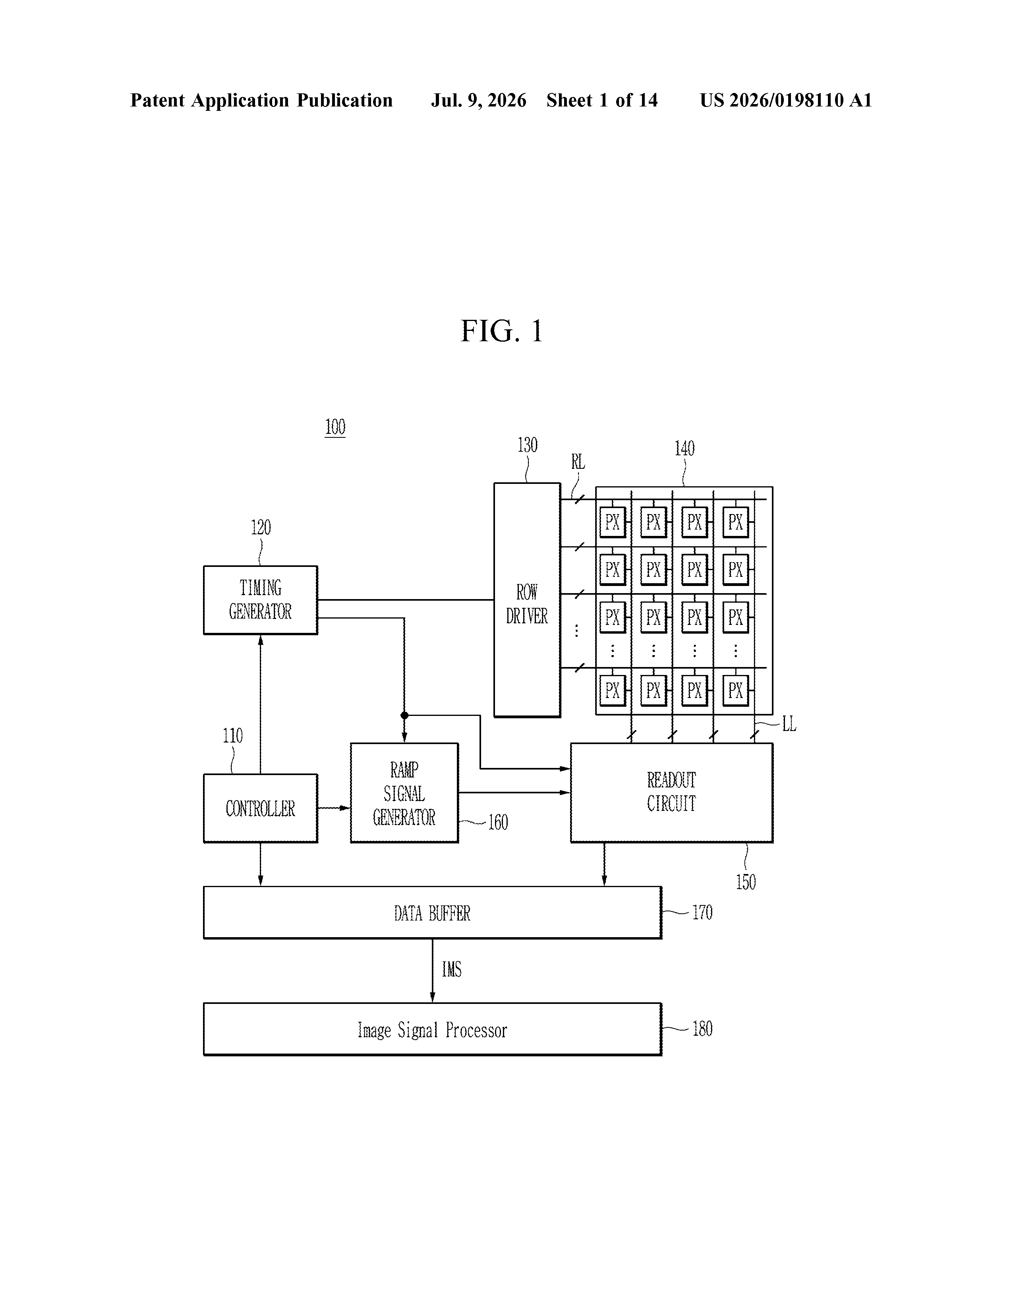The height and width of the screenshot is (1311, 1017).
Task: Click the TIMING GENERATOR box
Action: point(261,599)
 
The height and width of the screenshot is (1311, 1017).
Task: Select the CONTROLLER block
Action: point(261,808)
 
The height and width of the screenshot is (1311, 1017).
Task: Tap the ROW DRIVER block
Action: point(527,599)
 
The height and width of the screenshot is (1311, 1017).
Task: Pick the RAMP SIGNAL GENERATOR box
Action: point(404,793)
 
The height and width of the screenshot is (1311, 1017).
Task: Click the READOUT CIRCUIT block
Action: point(671,793)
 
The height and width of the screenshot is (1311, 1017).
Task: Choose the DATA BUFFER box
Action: point(432,913)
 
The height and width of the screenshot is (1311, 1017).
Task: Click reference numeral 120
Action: point(261,528)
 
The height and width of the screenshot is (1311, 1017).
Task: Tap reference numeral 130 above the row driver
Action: point(527,445)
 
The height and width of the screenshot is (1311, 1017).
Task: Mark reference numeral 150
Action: point(746,882)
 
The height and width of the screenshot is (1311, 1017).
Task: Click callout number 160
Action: point(498,822)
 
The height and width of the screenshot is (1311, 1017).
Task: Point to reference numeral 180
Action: point(702,1029)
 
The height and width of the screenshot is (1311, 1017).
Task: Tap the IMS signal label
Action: point(451,969)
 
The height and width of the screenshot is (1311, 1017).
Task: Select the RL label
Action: point(578,462)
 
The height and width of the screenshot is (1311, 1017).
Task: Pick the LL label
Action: point(789,725)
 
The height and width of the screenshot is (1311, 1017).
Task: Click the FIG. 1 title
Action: point(501,331)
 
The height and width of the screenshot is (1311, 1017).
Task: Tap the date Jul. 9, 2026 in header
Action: point(478,100)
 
